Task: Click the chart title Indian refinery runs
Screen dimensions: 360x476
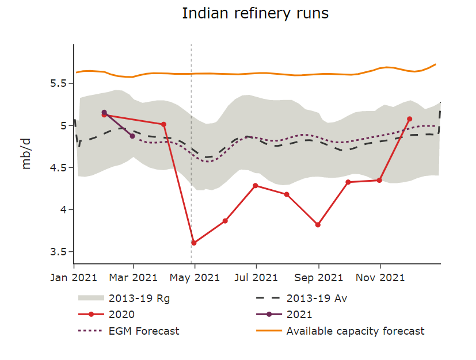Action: pos(255,13)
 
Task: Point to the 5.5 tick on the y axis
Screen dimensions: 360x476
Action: pos(59,83)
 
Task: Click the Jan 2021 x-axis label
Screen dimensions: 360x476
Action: pos(74,277)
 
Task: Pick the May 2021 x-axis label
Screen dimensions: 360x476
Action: pos(195,277)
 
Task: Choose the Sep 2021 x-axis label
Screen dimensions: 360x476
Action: pos(318,277)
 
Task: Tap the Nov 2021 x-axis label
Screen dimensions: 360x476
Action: pos(379,277)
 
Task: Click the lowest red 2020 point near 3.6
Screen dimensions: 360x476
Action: pos(194,243)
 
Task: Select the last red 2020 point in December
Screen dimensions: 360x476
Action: pos(410,119)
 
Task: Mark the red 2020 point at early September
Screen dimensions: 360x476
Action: pos(318,225)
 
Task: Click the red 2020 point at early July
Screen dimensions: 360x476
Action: pos(256,186)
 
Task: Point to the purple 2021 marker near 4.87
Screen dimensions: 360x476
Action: pos(132,136)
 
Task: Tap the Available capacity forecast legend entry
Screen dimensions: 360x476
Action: pos(355,331)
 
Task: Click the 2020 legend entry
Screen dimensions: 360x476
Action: pos(121,315)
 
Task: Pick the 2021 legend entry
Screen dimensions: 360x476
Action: pos(299,315)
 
